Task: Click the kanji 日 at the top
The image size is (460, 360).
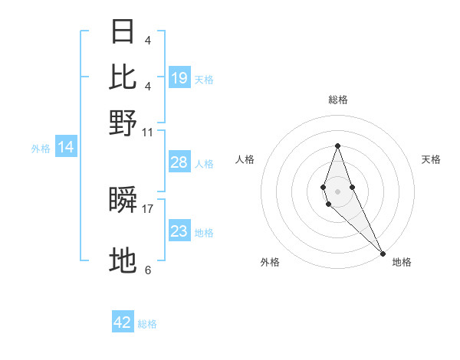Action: coord(123,31)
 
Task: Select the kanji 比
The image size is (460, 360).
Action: coord(123,77)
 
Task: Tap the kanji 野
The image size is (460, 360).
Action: coord(123,122)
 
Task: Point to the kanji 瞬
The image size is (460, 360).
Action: coord(123,201)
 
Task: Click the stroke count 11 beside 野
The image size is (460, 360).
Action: coord(148,132)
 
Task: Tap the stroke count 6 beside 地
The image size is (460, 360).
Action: coord(148,270)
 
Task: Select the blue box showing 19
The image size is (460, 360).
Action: coord(179,77)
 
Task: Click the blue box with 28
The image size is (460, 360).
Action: coord(179,162)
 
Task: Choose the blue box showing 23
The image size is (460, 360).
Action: coord(179,231)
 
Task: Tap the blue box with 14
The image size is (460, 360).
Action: coord(66,147)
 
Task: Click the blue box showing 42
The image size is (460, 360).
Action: coord(123,322)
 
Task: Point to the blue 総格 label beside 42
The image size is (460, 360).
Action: coord(147,324)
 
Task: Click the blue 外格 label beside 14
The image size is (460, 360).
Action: coord(41,149)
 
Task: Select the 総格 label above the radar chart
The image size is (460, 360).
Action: coord(338,100)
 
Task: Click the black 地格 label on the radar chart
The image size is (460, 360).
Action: coord(402,262)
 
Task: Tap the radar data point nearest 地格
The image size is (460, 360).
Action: coord(383,253)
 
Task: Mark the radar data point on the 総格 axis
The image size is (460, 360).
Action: coord(338,146)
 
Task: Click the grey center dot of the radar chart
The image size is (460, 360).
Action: coord(338,191)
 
